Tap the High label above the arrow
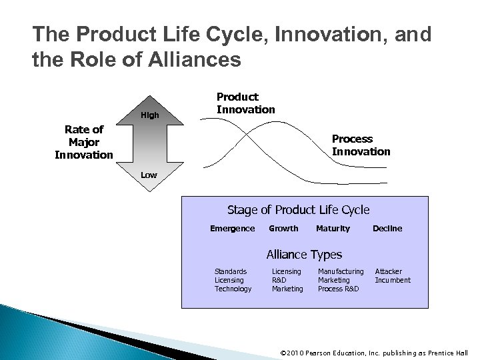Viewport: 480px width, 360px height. [150, 115]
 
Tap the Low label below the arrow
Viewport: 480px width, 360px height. [149, 175]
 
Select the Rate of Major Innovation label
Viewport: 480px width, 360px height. [84, 142]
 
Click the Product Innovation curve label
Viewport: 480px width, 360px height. [246, 103]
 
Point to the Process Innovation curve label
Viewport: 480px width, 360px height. [361, 145]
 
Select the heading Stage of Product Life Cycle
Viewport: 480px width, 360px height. [298, 210]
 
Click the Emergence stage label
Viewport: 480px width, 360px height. [232, 229]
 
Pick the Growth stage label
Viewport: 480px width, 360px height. [283, 229]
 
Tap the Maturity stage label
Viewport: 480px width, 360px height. [333, 229]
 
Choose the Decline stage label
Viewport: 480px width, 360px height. [387, 229]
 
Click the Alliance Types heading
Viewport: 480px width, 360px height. [304, 254]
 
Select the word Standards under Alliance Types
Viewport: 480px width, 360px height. [230, 271]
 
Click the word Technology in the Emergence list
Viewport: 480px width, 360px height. [233, 289]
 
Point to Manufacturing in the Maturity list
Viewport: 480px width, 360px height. [341, 271]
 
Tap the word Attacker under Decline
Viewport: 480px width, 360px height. [389, 271]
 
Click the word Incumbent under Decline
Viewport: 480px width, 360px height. [393, 280]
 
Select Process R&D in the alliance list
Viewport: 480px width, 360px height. [338, 289]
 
